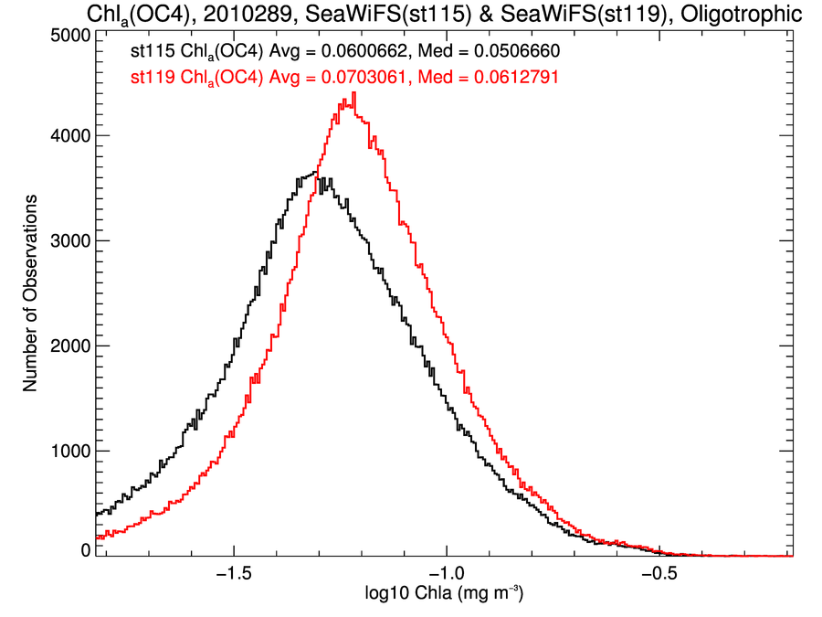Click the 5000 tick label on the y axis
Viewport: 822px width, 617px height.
click(x=69, y=36)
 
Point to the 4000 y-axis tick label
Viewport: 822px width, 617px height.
click(x=69, y=135)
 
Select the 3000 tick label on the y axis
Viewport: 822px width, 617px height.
click(x=69, y=240)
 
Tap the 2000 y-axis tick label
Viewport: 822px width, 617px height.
click(x=69, y=346)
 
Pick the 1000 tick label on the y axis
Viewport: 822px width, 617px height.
click(x=69, y=451)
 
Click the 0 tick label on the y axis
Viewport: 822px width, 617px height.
click(x=85, y=549)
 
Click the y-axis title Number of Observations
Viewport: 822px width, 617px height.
click(x=30, y=293)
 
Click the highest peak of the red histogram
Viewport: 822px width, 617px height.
click(x=353, y=93)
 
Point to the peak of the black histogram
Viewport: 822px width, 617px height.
click(x=315, y=173)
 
